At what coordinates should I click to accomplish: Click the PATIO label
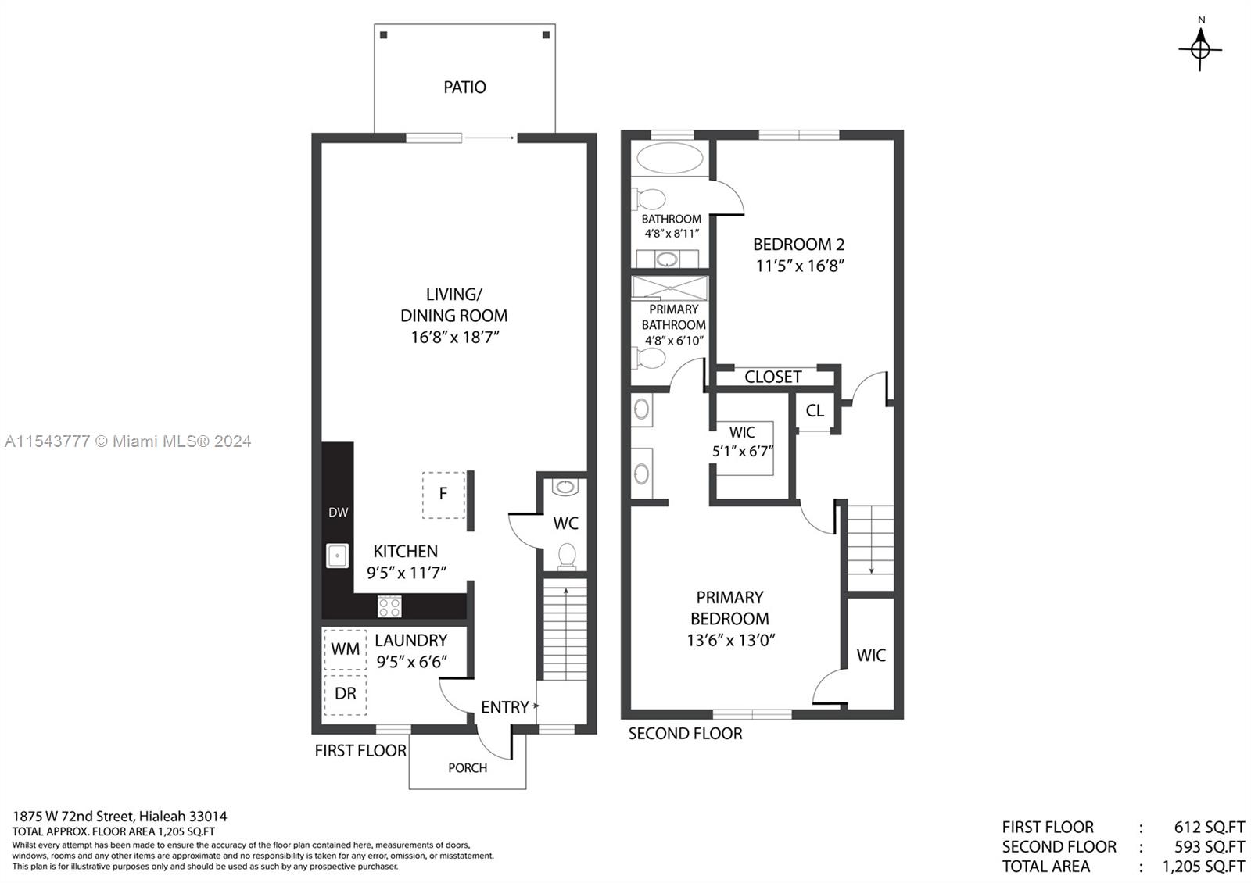click(464, 87)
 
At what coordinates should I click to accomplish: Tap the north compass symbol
click(1200, 49)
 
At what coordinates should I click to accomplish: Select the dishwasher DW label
click(338, 513)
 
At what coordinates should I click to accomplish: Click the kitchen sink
click(337, 556)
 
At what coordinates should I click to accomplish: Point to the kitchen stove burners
click(389, 606)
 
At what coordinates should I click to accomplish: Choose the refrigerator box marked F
click(443, 495)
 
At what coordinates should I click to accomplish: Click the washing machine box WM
click(345, 649)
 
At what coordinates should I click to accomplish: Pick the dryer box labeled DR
click(345, 695)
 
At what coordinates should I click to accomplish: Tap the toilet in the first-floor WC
click(566, 556)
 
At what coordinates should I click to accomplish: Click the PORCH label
click(468, 768)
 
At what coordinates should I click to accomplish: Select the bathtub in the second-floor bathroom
click(669, 158)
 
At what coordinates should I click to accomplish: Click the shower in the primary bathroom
click(669, 288)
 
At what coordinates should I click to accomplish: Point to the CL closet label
click(815, 411)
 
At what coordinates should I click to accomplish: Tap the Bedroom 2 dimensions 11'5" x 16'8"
click(799, 266)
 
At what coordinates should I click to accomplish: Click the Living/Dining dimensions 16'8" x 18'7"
click(454, 337)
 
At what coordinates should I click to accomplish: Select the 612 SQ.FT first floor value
click(1210, 827)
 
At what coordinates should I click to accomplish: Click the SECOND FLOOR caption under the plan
click(685, 734)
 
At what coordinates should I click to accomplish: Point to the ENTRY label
click(505, 707)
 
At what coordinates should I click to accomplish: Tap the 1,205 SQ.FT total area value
click(1203, 867)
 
